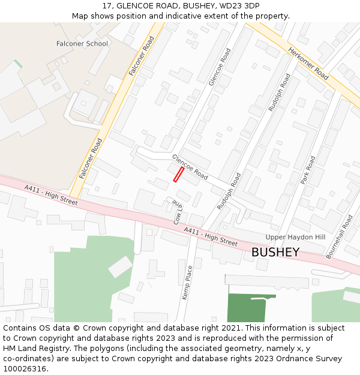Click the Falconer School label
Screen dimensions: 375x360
click(x=82, y=44)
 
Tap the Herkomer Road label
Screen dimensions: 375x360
click(x=308, y=64)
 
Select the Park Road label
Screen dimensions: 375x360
click(x=308, y=170)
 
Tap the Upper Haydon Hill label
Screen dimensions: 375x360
click(x=295, y=238)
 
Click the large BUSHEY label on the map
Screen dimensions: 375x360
click(x=275, y=253)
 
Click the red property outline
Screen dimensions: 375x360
click(x=178, y=174)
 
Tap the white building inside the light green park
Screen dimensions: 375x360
click(x=120, y=266)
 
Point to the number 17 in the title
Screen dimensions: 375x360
click(x=107, y=6)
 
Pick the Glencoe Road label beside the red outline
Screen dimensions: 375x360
click(x=190, y=167)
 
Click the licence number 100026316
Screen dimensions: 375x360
click(x=25, y=369)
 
